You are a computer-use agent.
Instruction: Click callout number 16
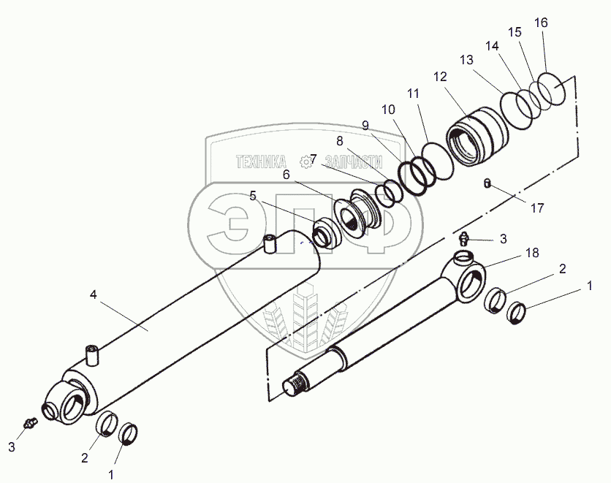(541, 23)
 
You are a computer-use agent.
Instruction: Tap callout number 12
(440, 76)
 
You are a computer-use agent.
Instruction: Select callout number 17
(537, 208)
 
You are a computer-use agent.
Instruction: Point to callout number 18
(532, 253)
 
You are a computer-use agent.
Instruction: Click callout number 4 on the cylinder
(93, 295)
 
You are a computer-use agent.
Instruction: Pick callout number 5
(252, 195)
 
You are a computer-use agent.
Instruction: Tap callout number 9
(365, 124)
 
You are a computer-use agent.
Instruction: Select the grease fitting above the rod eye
(463, 237)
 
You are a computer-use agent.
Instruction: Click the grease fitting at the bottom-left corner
(29, 422)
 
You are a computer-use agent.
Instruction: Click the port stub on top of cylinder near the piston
(269, 244)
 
